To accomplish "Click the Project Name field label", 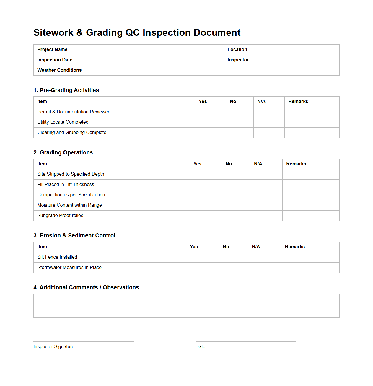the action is click(52, 50).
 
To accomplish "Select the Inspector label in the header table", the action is click(238, 60).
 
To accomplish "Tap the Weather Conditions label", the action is click(59, 70).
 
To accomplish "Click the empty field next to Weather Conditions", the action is click(269, 70).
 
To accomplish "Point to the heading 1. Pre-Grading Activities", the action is click(66, 90).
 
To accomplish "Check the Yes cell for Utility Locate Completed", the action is click(210, 122).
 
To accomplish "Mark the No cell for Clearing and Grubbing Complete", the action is click(240, 133).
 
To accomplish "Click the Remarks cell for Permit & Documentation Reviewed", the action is click(312, 112).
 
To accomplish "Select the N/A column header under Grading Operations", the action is click(258, 164).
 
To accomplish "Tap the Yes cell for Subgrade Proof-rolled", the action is click(206, 216).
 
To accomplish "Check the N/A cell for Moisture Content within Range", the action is click(266, 205).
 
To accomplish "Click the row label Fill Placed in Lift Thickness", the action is click(66, 185).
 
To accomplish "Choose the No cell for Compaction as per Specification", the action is click(236, 195).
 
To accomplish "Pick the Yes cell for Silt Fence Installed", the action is click(202, 257).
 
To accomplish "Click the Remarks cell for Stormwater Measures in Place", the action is click(310, 268).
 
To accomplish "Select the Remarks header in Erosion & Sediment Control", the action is click(294, 247).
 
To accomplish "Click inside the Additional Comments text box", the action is click(186, 306).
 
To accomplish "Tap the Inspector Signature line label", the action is click(54, 347).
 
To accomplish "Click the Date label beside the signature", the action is click(200, 347).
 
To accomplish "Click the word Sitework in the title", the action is click(53, 32).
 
